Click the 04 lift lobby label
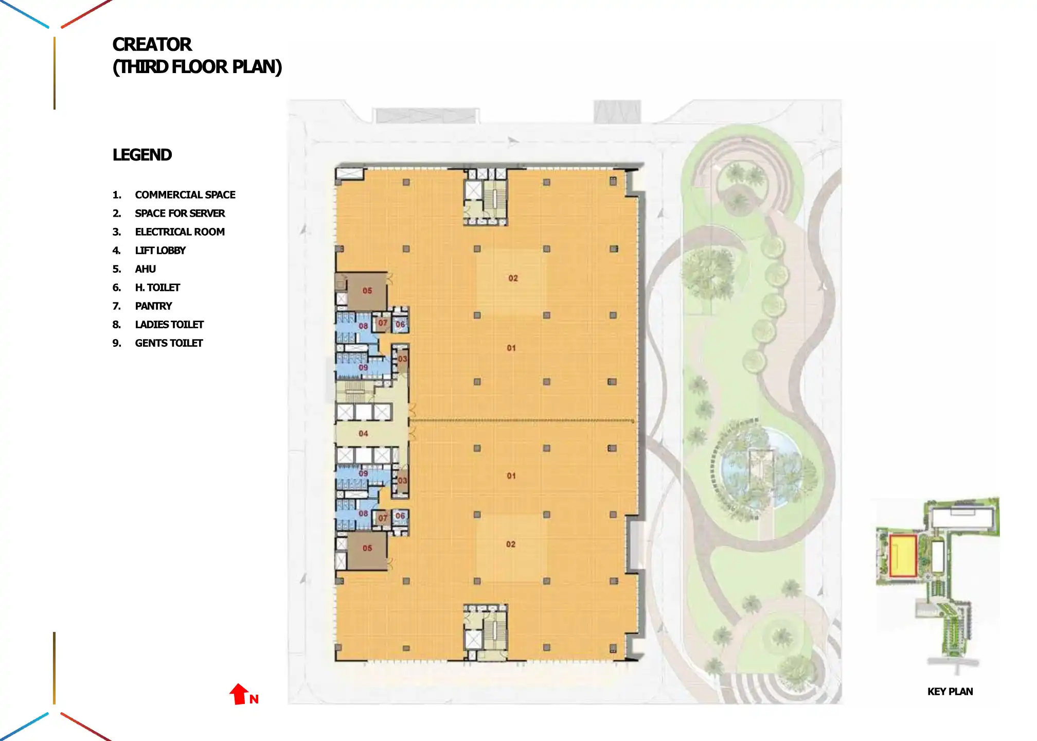[x=363, y=433]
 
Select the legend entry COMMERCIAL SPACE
[x=185, y=195]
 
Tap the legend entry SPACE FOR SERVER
[x=180, y=214]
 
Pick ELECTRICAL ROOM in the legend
[x=180, y=232]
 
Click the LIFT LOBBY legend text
[x=160, y=251]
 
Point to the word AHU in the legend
[x=145, y=269]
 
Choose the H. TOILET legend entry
[x=157, y=288]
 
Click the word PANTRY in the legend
[x=153, y=306]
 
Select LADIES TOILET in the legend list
[x=169, y=325]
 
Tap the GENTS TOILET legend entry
[x=169, y=343]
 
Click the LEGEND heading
[x=142, y=155]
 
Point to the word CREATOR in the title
[x=152, y=45]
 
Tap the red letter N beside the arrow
[x=254, y=699]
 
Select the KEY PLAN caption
[x=950, y=692]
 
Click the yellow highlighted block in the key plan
[x=903, y=556]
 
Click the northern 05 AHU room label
[x=367, y=291]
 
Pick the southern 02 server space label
[x=510, y=544]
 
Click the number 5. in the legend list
[x=117, y=269]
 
